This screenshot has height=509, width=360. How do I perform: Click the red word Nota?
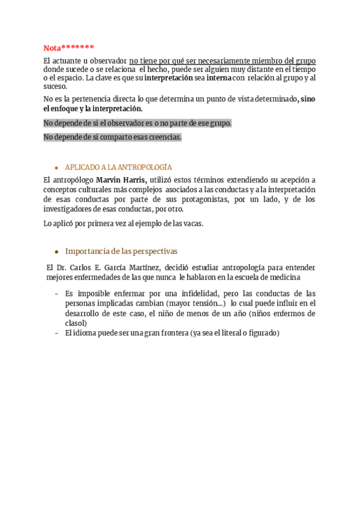pos(52,48)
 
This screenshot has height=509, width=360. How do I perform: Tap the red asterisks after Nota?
pos(77,48)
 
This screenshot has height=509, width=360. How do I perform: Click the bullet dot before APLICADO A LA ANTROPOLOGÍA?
pos(56,168)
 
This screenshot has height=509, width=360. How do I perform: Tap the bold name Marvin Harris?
pos(121,180)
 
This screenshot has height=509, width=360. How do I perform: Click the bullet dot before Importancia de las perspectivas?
pos(56,252)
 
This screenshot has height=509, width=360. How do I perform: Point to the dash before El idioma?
pos(56,334)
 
